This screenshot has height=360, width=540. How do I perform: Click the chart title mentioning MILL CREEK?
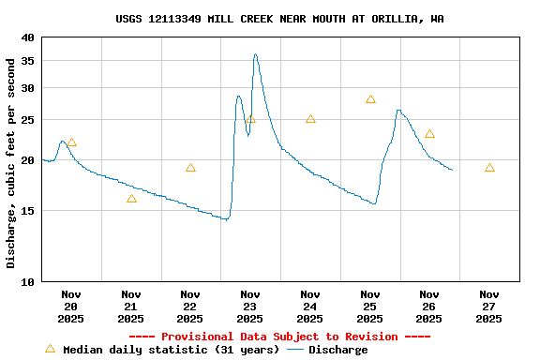(x=279, y=19)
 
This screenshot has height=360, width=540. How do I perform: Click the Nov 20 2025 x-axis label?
(x=71, y=306)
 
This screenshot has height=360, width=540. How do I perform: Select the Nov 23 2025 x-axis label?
(x=250, y=306)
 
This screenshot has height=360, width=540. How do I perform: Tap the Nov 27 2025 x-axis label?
(x=489, y=306)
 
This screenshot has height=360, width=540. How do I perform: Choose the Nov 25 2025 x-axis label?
(x=370, y=306)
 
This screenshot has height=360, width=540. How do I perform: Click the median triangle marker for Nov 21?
(x=131, y=199)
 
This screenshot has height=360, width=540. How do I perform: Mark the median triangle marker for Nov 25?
(x=370, y=99)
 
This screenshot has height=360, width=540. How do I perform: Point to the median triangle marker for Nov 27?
(x=489, y=168)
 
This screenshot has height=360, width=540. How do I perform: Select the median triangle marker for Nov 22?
(x=190, y=168)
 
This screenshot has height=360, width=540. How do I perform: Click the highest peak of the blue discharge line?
(x=255, y=54)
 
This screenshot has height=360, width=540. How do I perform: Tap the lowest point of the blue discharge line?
(x=225, y=219)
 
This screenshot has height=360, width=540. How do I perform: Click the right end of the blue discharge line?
(x=452, y=170)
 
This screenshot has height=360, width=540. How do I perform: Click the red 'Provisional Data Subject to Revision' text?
(x=279, y=337)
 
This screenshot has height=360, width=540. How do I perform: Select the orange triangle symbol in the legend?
(x=50, y=349)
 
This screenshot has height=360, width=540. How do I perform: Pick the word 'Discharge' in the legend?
(x=337, y=350)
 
